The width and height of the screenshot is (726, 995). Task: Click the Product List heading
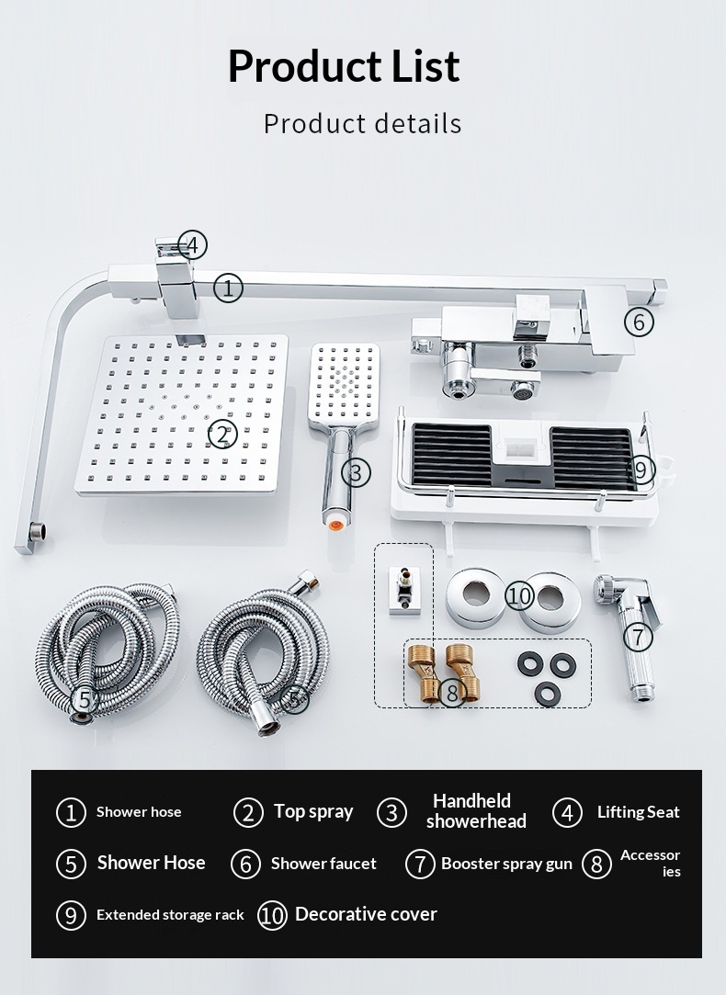pyautogui.click(x=344, y=65)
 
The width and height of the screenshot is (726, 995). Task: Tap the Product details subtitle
pyautogui.click(x=362, y=123)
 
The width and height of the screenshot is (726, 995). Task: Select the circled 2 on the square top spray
pyautogui.click(x=222, y=435)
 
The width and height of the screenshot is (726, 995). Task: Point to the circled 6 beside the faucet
pyautogui.click(x=639, y=322)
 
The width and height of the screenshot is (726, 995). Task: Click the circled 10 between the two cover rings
pyautogui.click(x=520, y=596)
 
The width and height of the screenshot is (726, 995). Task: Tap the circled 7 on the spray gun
pyautogui.click(x=638, y=637)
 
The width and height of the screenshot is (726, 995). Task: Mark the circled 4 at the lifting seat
pyautogui.click(x=192, y=245)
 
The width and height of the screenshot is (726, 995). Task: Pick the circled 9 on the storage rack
pyautogui.click(x=641, y=470)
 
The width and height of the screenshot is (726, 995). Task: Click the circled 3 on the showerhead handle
pyautogui.click(x=356, y=473)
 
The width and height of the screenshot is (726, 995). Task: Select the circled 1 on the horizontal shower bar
pyautogui.click(x=229, y=288)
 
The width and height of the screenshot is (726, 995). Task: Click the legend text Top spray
pyautogui.click(x=313, y=811)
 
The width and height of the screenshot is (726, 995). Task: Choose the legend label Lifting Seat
pyautogui.click(x=639, y=812)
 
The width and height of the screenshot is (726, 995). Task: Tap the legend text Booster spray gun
pyautogui.click(x=506, y=864)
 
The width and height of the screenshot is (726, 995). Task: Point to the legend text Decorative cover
pyautogui.click(x=366, y=914)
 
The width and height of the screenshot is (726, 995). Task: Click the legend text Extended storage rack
pyautogui.click(x=170, y=914)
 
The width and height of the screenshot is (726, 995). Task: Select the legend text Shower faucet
pyautogui.click(x=323, y=863)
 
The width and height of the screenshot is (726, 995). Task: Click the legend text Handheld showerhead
pyautogui.click(x=476, y=811)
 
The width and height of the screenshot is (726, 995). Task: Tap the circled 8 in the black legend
pyautogui.click(x=596, y=864)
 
